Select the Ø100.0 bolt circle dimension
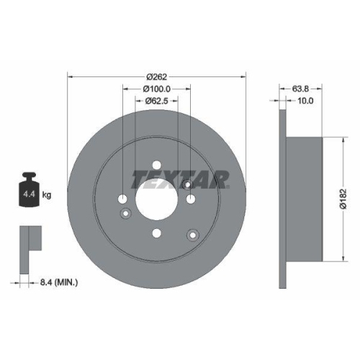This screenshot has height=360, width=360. tap(156, 89)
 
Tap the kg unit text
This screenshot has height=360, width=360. tap(47, 194)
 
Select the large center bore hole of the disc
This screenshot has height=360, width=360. tap(156, 199)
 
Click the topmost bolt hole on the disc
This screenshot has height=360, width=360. tap(157, 164)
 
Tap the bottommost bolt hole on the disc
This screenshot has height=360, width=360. tap(157, 233)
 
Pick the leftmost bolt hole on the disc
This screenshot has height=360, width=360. tap(123, 199)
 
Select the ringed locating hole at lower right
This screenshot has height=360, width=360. tap(192, 234)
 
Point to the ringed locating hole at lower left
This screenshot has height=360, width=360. tap(127, 212)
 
